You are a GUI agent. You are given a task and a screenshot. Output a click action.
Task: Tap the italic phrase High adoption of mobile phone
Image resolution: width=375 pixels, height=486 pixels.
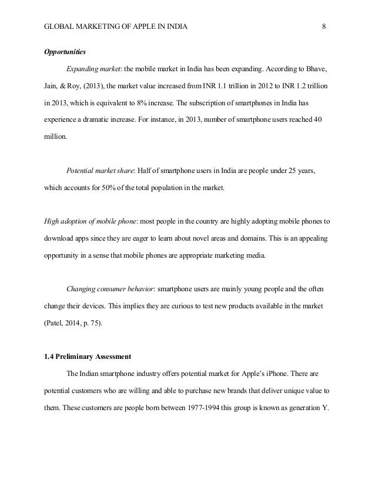coord(91,221)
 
